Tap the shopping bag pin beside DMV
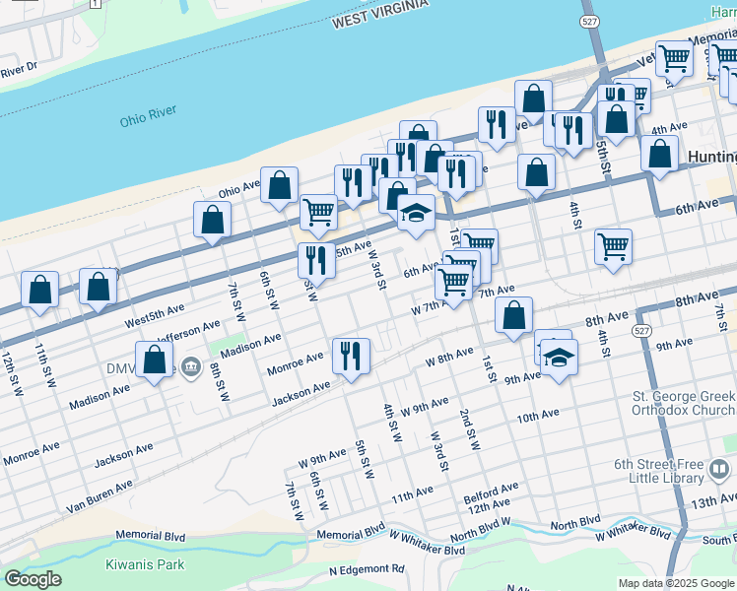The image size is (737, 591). [155, 361]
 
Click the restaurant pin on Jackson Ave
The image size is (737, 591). [351, 356]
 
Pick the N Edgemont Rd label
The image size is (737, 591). [367, 569]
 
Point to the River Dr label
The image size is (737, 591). [19, 69]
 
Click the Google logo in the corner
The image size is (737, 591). [33, 579]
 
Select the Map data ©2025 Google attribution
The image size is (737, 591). [675, 583]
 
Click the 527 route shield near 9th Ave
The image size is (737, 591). [641, 330]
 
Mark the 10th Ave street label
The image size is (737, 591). [537, 417]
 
